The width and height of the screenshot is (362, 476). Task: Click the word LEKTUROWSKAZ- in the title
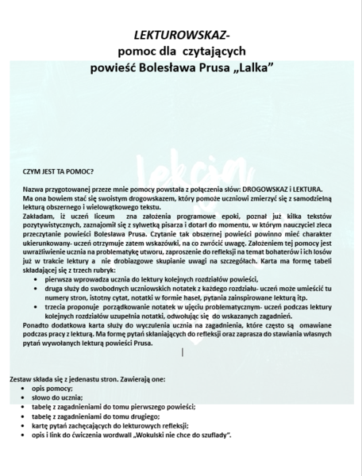point(181,36)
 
